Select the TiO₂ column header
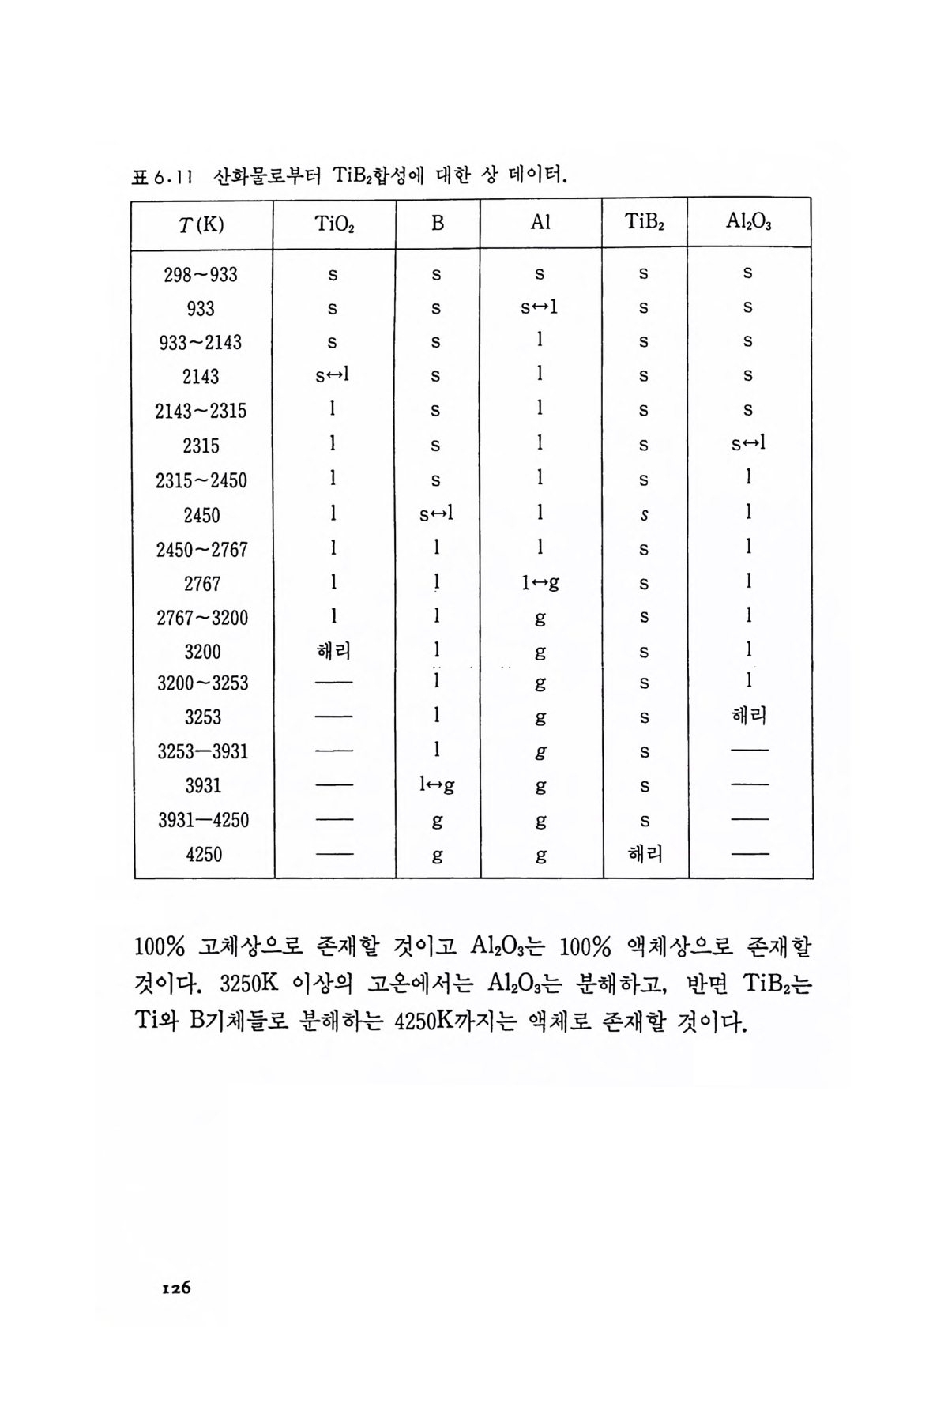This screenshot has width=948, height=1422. point(334,224)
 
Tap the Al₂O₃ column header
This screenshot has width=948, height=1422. point(748,223)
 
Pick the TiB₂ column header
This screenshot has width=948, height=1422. point(644,223)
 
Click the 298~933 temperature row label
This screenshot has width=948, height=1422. point(201,275)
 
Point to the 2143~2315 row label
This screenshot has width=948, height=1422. point(201,411)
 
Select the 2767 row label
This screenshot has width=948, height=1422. point(201,584)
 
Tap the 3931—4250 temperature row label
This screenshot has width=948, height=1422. point(203,820)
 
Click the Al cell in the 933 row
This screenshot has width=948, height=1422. point(539,307)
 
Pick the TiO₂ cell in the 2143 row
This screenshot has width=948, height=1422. point(332,376)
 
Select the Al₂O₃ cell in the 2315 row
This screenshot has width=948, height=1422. point(747,444)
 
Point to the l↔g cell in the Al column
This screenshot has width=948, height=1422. point(540,584)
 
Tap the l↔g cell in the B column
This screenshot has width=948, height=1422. point(436,785)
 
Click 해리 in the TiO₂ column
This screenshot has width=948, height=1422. point(333,652)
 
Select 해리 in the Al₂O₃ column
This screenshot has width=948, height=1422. point(748,716)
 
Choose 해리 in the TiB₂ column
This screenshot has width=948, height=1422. point(645,854)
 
